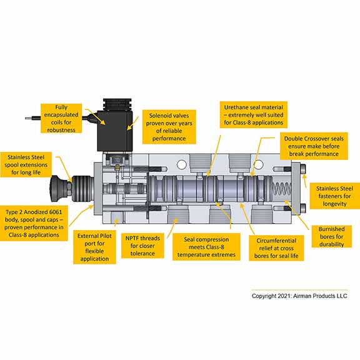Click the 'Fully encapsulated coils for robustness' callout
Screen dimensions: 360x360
click(x=61, y=118)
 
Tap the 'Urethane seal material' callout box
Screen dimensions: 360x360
click(x=254, y=115)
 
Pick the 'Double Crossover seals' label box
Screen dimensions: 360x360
click(x=314, y=146)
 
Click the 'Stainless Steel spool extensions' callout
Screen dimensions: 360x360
click(x=26, y=164)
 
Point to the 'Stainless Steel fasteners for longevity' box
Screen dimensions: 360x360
click(x=334, y=196)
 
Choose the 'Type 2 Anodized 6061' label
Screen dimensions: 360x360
click(x=34, y=223)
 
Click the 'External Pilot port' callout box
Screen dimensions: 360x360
click(x=94, y=247)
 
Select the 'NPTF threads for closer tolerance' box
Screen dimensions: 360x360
click(x=142, y=246)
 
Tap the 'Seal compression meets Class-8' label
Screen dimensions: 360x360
click(x=206, y=247)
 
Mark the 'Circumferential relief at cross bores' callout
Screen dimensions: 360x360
click(x=276, y=248)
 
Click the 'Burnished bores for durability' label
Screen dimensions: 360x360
click(x=331, y=236)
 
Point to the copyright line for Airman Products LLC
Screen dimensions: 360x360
click(x=299, y=296)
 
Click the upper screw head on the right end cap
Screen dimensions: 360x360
click(x=303, y=169)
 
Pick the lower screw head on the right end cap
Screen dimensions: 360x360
click(x=303, y=208)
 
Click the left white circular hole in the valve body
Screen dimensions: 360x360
click(x=182, y=164)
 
